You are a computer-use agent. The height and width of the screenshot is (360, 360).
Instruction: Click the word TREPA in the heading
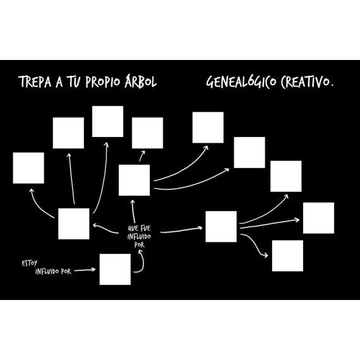point(35,81)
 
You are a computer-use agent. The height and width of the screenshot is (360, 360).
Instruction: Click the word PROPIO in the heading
point(102,81)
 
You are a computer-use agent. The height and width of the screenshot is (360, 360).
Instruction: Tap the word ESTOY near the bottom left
point(30,263)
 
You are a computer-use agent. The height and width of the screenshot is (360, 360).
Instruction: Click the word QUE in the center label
point(133,228)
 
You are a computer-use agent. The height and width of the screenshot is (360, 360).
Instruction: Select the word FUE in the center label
point(145,228)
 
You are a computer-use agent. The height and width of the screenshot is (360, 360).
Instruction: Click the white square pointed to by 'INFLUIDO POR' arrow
point(115,269)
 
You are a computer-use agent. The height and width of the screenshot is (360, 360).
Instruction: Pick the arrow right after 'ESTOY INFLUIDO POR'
point(85,270)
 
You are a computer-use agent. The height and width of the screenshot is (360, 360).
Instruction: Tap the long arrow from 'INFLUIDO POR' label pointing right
point(181,230)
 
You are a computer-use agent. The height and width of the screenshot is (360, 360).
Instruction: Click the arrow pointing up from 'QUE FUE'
point(133,211)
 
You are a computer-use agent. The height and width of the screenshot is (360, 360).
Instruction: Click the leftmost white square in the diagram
point(28,168)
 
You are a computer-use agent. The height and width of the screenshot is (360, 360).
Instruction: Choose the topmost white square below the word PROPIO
point(107,121)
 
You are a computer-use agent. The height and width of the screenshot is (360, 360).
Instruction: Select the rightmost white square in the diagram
point(318,218)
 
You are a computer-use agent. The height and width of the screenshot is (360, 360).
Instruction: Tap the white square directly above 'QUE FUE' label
point(135,180)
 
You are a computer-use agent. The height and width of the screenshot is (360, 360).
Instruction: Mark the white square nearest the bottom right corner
point(287,256)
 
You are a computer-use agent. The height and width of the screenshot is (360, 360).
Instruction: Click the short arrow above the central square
point(141,156)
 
